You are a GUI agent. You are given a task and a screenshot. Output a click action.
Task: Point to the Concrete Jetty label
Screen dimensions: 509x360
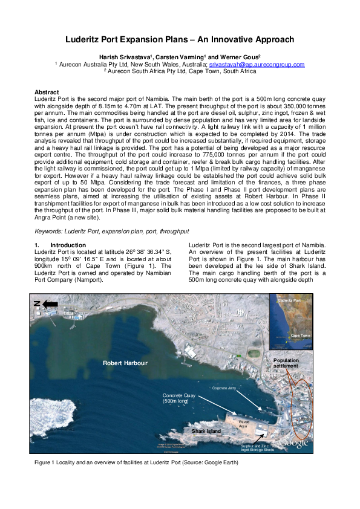[x=226, y=387]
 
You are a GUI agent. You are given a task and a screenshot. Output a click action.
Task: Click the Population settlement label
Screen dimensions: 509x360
[x=286, y=363]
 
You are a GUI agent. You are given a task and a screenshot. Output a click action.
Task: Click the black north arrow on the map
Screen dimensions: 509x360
[x=46, y=303]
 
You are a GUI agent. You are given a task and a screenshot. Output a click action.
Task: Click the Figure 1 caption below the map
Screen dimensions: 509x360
[x=136, y=463]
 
